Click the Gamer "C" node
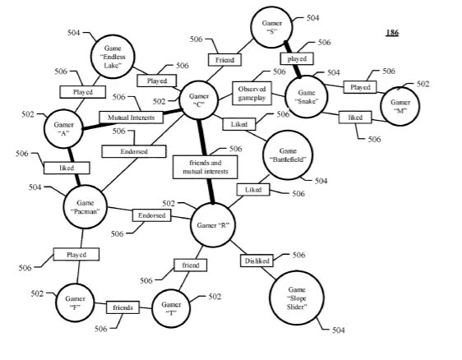[199, 100]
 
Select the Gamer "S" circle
[271, 27]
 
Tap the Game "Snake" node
[307, 97]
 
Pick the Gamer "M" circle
[400, 106]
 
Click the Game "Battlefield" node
[288, 155]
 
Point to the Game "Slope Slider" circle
[297, 298]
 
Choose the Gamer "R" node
[213, 225]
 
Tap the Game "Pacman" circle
[85, 207]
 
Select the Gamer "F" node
[75, 302]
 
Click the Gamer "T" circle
[171, 308]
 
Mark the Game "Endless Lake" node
[113, 57]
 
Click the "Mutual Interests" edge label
[131, 118]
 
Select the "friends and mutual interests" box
[205, 167]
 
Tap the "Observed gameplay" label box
[252, 93]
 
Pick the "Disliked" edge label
[257, 261]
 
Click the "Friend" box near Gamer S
[224, 60]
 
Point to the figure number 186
[392, 32]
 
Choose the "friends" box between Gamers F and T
[122, 307]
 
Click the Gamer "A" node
[63, 128]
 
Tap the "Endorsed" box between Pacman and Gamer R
[152, 215]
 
